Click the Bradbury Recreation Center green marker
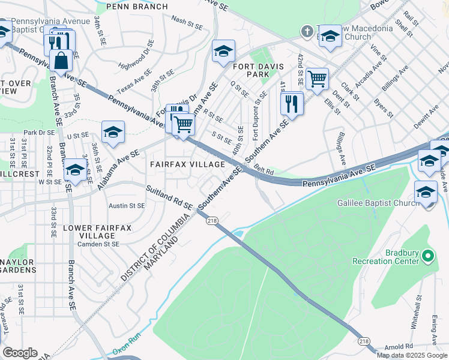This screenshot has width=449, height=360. pyautogui.click(x=428, y=257)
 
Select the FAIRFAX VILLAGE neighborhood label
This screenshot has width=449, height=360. pyautogui.click(x=187, y=164)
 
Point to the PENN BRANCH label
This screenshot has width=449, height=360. pyautogui.click(x=137, y=7)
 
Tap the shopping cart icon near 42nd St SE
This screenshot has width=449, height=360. pyautogui.click(x=317, y=78)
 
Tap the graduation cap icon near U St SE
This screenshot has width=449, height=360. pyautogui.click(x=113, y=133)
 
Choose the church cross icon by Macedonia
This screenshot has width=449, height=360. pyautogui.click(x=307, y=31)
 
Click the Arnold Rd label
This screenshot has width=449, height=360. pyautogui.click(x=399, y=346)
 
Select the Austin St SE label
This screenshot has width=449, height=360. pyautogui.click(x=127, y=205)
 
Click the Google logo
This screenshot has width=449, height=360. pyautogui.click(x=20, y=353)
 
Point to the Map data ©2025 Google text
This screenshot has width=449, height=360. pyautogui.click(x=412, y=355)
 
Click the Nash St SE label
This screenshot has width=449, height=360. pyautogui.click(x=187, y=25)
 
